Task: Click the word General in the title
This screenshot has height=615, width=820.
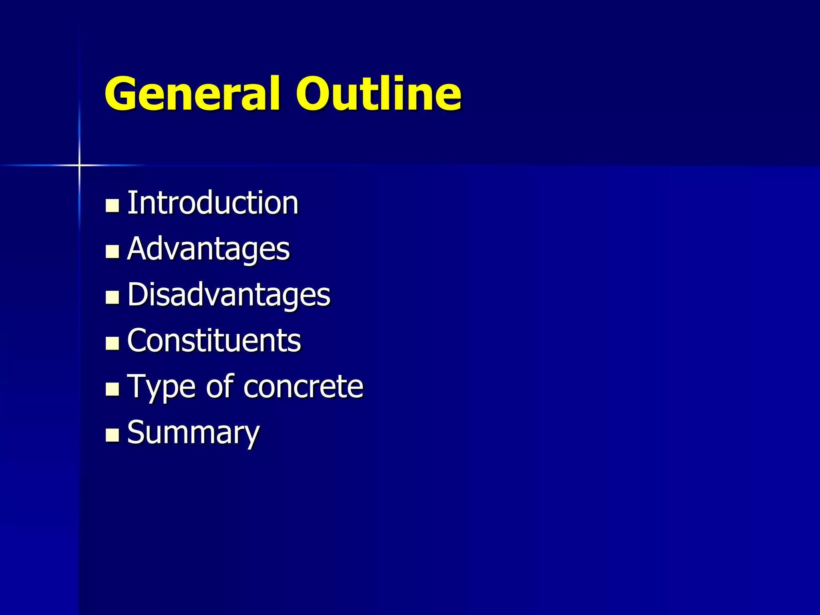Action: coord(192,94)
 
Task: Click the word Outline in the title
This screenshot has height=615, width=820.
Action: coord(379,94)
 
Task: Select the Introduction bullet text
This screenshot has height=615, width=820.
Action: coord(213,203)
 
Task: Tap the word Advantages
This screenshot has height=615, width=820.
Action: coord(208,249)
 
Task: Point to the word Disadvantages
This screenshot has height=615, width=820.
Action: coord(229,295)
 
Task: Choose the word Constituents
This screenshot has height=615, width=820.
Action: coord(214,341)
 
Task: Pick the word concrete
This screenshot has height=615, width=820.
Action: coord(303,387)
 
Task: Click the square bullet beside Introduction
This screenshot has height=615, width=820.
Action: coord(112,205)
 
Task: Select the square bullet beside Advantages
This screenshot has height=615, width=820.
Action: coord(112,251)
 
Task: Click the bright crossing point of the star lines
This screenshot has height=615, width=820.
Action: coord(79,165)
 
